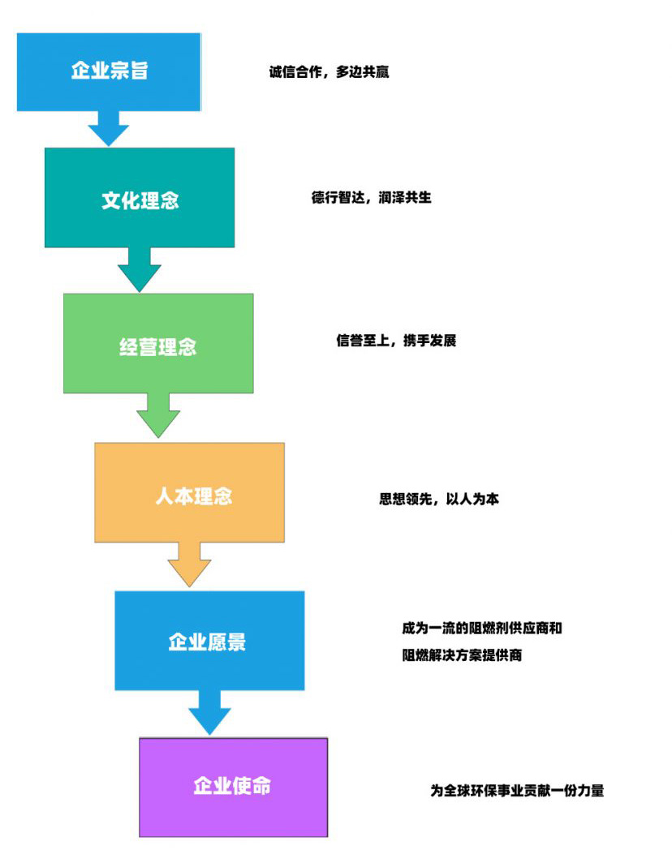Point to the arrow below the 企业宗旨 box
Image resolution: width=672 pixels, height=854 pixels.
coord(108,128)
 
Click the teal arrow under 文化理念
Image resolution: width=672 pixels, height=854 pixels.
coord(140,269)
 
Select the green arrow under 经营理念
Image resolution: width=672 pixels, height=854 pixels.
coord(158,417)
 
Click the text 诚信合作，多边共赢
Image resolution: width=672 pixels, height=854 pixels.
coord(329,72)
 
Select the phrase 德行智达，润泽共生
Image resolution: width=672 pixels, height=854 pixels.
coord(371,198)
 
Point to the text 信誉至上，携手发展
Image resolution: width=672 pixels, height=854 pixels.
coord(396,341)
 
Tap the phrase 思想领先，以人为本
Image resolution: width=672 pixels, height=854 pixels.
coord(438,500)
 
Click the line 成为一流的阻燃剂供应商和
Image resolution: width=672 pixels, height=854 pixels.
coord(482,629)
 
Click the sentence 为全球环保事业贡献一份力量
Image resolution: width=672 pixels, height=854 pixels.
coord(517,791)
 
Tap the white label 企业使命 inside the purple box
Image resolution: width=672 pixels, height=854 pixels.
coord(232,786)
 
